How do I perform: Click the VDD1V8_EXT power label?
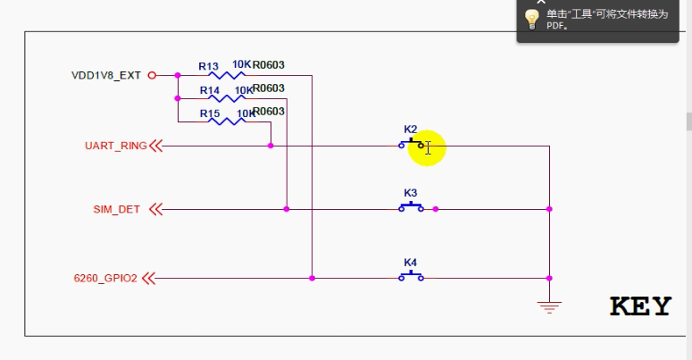click(x=106, y=76)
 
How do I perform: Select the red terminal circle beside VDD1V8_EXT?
click(x=152, y=75)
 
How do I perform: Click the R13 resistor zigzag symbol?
click(x=227, y=75)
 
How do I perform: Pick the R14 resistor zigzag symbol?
click(x=227, y=98)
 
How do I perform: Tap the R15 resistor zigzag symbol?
click(x=227, y=121)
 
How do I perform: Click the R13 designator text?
click(x=208, y=66)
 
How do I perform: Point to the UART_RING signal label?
click(x=115, y=146)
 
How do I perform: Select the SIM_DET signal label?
click(x=116, y=209)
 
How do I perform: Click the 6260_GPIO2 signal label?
click(x=105, y=279)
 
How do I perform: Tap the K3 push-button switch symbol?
click(x=412, y=206)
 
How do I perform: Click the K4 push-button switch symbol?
click(x=412, y=276)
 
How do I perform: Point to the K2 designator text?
click(x=411, y=130)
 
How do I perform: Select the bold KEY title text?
click(x=640, y=306)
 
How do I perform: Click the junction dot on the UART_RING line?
click(x=271, y=146)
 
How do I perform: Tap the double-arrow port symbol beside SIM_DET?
click(x=155, y=209)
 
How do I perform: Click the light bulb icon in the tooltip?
click(x=532, y=19)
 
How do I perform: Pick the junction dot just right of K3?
click(x=436, y=209)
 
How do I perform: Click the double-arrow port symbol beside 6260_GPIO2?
click(x=149, y=279)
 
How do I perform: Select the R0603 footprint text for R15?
click(x=269, y=112)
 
